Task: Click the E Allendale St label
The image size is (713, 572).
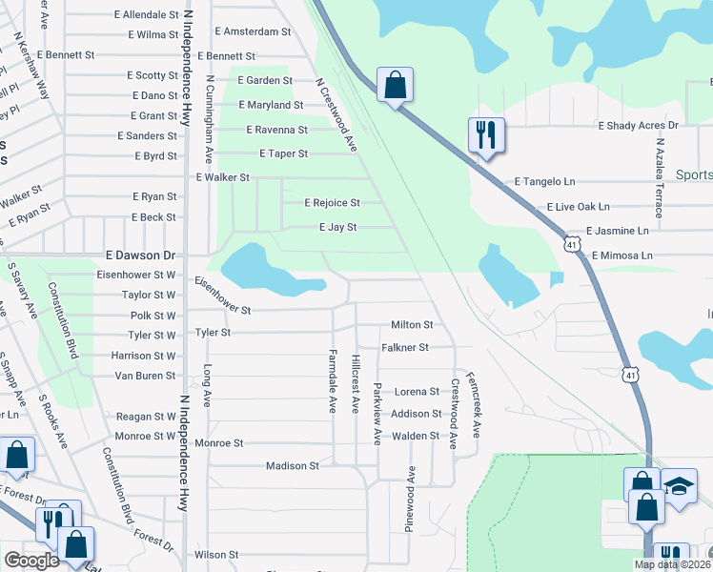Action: click(x=146, y=15)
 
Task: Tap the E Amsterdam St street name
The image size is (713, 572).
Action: click(x=252, y=31)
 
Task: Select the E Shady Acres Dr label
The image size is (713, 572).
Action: click(x=637, y=126)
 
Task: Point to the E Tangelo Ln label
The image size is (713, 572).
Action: click(x=545, y=181)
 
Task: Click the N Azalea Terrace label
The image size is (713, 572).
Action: click(x=659, y=178)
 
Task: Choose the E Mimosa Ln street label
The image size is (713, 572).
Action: click(x=621, y=255)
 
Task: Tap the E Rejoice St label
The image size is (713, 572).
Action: click(x=332, y=203)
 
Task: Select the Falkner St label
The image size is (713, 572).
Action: click(x=405, y=348)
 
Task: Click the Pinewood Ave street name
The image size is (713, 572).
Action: click(x=412, y=499)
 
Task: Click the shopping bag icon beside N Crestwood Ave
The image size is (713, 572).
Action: click(x=394, y=85)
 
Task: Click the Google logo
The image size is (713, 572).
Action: click(x=31, y=561)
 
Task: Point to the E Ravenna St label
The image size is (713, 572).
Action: click(x=276, y=130)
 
